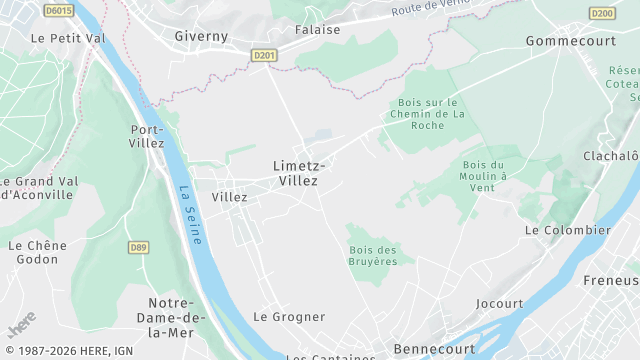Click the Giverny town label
click(x=201, y=36)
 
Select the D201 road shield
click(x=263, y=56)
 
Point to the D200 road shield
click(x=602, y=13)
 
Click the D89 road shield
click(x=138, y=247)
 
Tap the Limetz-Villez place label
click(x=295, y=173)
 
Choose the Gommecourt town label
click(x=568, y=41)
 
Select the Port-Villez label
click(x=147, y=136)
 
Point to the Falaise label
click(x=317, y=30)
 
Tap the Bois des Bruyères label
click(x=373, y=255)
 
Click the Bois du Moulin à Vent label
click(x=486, y=176)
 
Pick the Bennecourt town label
click(x=433, y=348)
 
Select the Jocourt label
click(x=499, y=303)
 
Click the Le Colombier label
click(x=567, y=230)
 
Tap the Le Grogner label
click(x=289, y=317)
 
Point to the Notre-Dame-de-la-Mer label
click(x=177, y=317)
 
